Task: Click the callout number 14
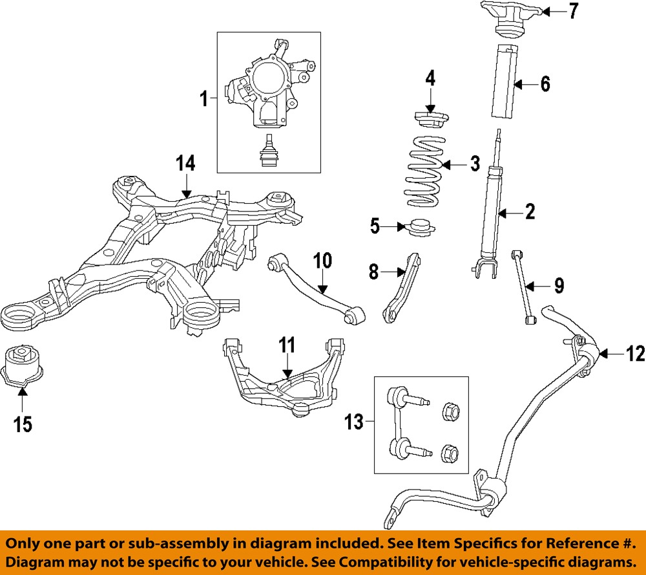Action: tap(185, 164)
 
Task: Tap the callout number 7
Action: tap(574, 12)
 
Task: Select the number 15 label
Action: tap(23, 425)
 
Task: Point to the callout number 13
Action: tap(353, 422)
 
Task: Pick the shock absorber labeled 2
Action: tap(491, 213)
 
